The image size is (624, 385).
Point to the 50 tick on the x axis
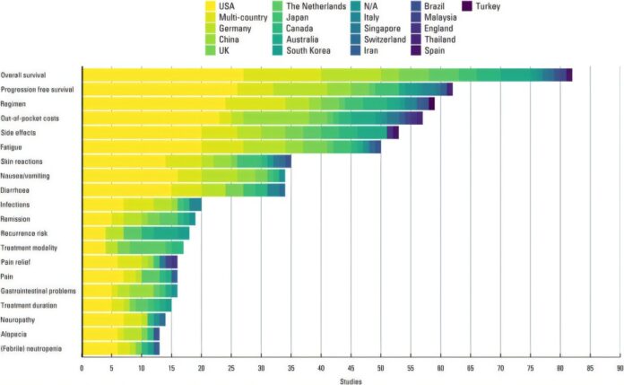380,366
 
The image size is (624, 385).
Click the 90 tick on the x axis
619,366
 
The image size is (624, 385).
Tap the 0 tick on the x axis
82,366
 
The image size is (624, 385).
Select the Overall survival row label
24,74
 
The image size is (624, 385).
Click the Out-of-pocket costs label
29,118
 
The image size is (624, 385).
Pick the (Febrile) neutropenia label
31,347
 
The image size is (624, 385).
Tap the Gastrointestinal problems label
39,290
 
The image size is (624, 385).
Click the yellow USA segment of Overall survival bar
161,74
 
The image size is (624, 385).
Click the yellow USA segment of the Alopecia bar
100,333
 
